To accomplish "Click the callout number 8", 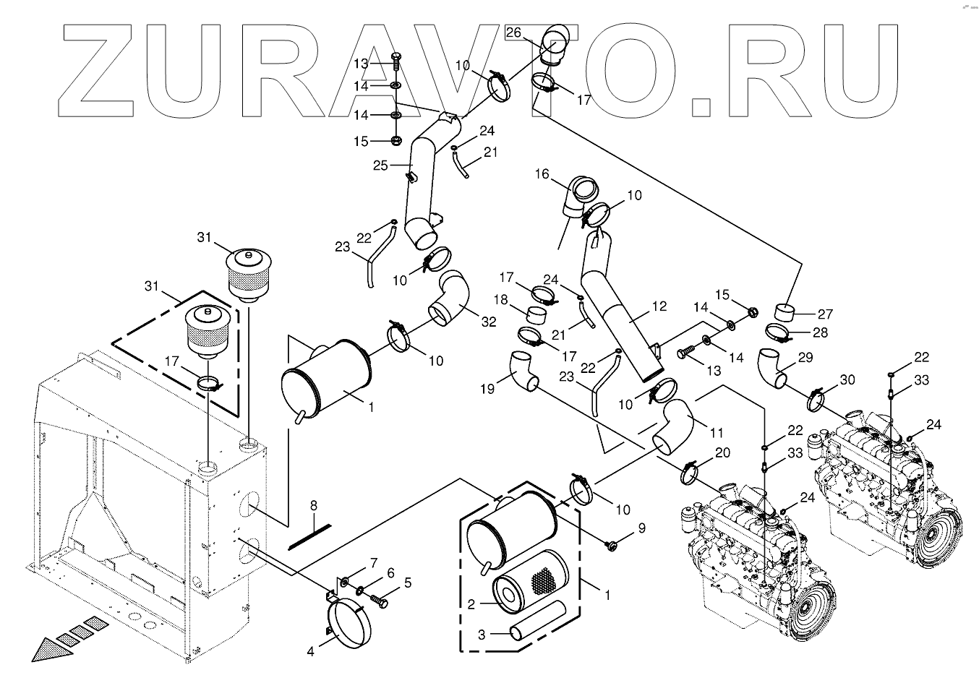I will point(314,506).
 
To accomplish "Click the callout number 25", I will point(381,166).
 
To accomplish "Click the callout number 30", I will point(847,380).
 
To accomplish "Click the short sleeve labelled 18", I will point(536,317).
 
